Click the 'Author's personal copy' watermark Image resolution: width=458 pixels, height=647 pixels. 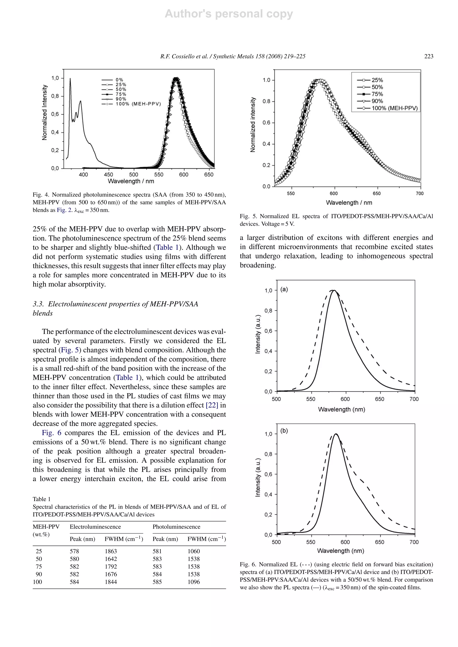click(229, 14)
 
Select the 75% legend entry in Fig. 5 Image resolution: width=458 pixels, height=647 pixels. click(377, 94)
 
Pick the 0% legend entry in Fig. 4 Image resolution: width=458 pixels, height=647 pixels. click(119, 80)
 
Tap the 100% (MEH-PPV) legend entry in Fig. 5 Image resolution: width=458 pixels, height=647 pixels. click(394, 108)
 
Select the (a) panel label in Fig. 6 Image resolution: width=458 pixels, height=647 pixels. click(284, 289)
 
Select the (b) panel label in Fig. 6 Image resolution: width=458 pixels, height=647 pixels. click(284, 431)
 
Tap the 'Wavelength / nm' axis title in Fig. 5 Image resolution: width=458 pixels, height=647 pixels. click(349, 203)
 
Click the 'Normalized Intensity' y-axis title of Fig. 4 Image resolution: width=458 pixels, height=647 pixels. click(44, 112)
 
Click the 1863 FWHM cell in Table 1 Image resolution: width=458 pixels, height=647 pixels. click(110, 551)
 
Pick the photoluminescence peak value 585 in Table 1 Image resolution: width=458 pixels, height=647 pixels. click(157, 582)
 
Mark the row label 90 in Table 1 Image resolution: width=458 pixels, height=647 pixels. click(39, 574)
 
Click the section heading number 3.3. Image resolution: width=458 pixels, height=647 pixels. click(39, 304)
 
